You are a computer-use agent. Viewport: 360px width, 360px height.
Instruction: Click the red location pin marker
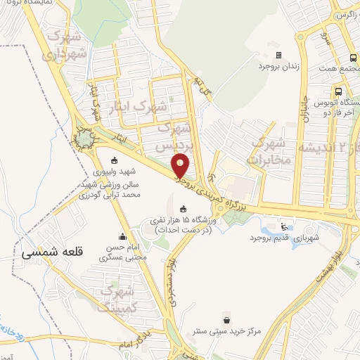tap(181, 165)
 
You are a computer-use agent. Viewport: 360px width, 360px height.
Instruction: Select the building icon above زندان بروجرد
tap(278, 55)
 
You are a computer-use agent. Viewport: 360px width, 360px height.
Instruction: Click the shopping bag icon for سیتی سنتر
tap(225, 318)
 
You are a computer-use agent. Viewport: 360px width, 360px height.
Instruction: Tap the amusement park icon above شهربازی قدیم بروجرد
tap(283, 226)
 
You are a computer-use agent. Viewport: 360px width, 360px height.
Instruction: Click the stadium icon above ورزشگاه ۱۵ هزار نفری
tap(184, 208)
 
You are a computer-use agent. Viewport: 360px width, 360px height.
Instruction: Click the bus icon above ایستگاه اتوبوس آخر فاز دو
tap(340, 91)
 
